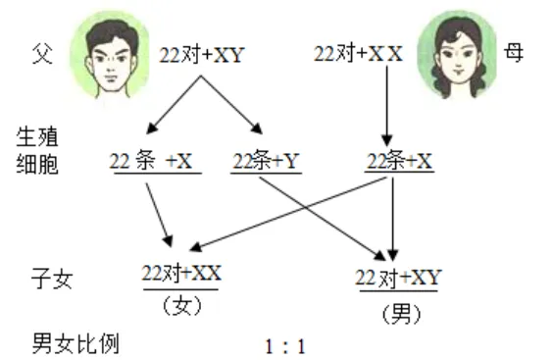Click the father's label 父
tap(42, 54)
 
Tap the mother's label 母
tap(514, 53)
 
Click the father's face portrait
tap(110, 55)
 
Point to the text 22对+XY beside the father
tap(202, 55)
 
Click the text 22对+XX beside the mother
tap(358, 54)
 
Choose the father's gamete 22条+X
tap(151, 161)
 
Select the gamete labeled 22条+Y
tap(266, 161)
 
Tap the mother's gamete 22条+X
tap(399, 161)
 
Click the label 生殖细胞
tap(37, 151)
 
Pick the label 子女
tap(52, 279)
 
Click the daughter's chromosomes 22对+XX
tap(181, 273)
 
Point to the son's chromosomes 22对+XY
tap(398, 278)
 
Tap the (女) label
tap(182, 306)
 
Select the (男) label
tap(402, 314)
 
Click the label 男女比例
tap(76, 343)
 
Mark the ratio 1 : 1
tap(285, 346)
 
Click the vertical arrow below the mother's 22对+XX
tap(387, 106)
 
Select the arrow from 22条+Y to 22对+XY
tap(323, 219)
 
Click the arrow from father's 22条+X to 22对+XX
tap(160, 215)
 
